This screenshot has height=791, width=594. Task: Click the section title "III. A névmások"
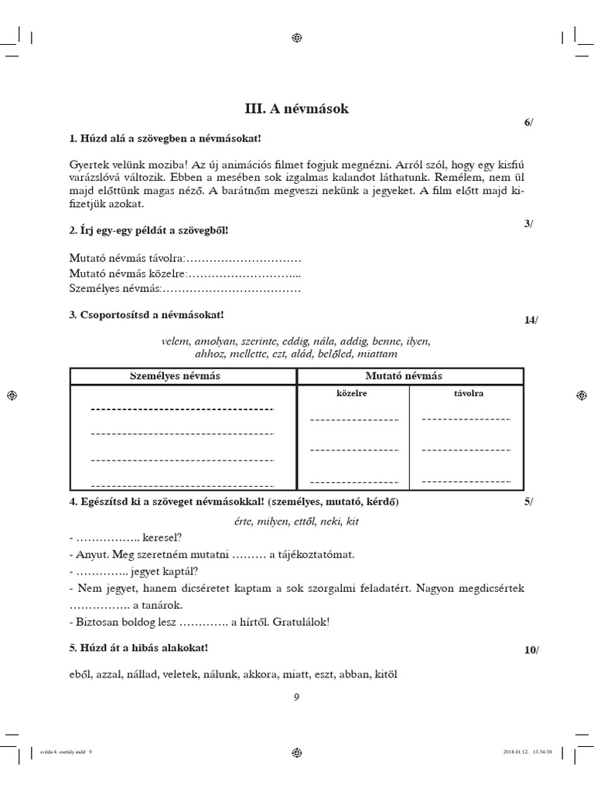pos(296,109)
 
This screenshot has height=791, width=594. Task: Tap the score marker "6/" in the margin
pos(528,124)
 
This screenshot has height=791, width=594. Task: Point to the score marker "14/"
pos(530,320)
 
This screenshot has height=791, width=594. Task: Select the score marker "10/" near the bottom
pos(531,650)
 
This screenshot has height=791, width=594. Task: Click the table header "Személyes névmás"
pos(183,375)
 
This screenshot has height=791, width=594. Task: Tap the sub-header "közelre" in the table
pos(351,393)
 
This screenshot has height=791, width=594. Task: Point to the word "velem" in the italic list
pos(176,341)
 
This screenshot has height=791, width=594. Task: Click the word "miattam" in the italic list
pos(377,354)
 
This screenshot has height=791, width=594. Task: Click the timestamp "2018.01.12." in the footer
pos(506,752)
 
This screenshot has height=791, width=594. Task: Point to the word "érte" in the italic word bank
pos(244,521)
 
